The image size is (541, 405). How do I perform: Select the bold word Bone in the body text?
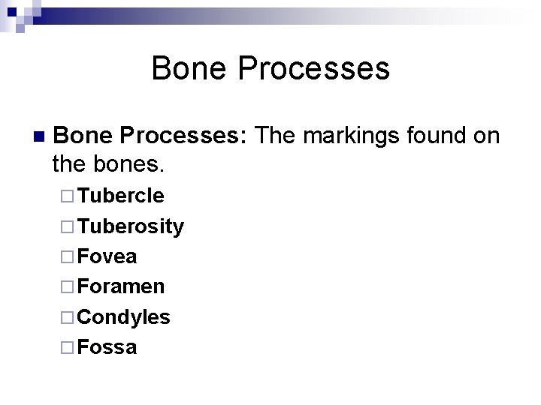[84, 136]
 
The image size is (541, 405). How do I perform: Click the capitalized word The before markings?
[277, 136]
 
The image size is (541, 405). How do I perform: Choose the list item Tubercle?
[120, 196]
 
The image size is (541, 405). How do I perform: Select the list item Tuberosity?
[130, 226]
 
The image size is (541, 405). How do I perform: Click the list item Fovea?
[107, 256]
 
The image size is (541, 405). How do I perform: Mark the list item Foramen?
[120, 286]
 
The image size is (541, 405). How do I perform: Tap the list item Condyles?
[123, 317]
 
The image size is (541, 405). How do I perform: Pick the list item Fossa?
[107, 347]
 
